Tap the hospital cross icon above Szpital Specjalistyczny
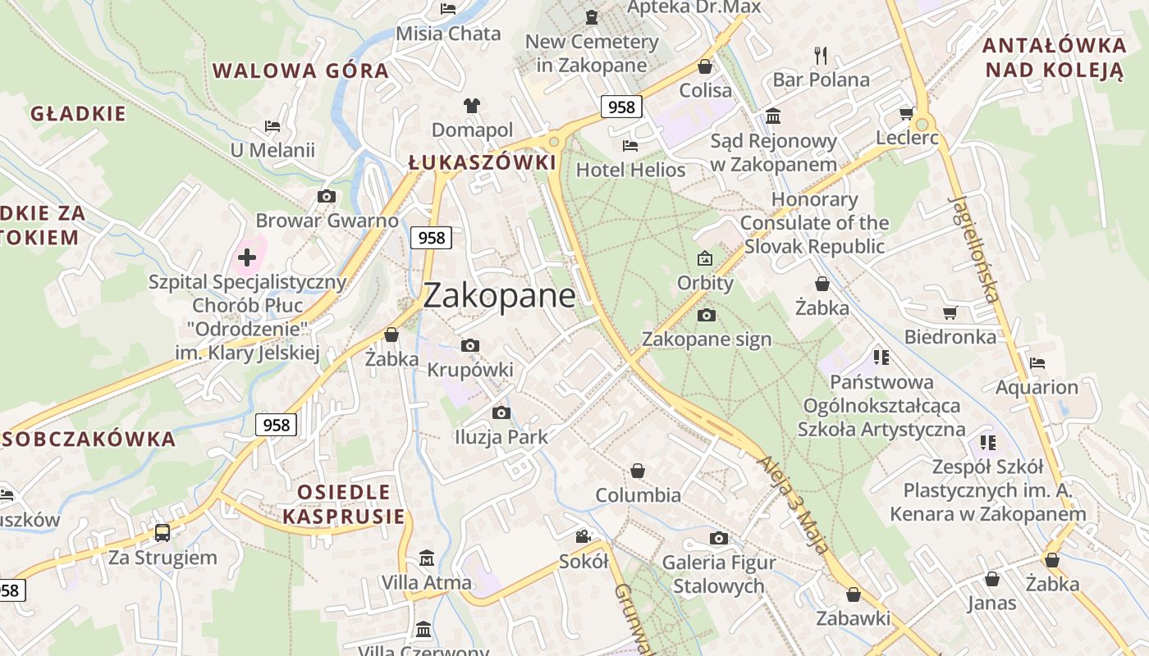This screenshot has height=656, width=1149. point(247,258)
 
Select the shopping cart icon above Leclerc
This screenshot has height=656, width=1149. point(907,114)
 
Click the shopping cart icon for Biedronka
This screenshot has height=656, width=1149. point(950,312)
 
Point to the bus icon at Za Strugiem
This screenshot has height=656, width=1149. point(163,533)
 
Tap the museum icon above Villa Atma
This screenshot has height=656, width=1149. point(427,558)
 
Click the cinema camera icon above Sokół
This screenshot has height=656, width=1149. point(583,537)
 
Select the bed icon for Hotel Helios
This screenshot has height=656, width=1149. point(630,146)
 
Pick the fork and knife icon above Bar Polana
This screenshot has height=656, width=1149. point(821,55)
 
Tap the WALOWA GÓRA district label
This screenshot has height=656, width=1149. point(300,71)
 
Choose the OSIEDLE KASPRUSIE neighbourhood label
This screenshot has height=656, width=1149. point(344,503)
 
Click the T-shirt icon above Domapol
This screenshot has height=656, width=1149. point(472,106)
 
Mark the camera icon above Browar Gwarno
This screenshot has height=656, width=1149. point(327,197)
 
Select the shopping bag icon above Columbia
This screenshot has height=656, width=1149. point(638,471)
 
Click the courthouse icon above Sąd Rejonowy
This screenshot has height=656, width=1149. point(773,116)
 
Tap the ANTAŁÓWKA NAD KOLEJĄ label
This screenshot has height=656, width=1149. point(1055,57)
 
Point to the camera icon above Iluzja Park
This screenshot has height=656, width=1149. point(501,412)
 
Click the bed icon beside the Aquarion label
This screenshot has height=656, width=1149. point(1037,362)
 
